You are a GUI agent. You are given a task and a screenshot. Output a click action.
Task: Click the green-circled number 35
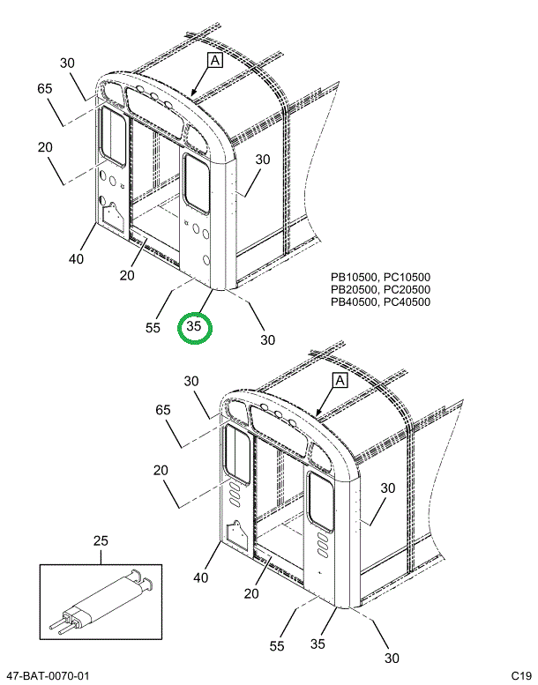tap(194, 326)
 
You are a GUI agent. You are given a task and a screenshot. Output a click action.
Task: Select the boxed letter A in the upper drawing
tap(215, 60)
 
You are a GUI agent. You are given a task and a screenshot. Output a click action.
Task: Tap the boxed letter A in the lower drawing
tap(340, 381)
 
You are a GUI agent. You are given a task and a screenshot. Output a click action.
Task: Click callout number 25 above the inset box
tap(101, 540)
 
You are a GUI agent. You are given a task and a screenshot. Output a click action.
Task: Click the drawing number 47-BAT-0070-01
tap(48, 676)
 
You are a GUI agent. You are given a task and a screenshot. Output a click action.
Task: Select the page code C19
tap(521, 676)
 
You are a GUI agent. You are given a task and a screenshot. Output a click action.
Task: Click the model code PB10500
tap(354, 277)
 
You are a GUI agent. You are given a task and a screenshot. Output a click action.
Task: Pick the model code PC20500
tap(407, 289)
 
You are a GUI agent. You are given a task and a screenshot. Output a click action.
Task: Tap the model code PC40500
tap(407, 302)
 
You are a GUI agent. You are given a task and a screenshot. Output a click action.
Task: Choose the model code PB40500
tap(354, 302)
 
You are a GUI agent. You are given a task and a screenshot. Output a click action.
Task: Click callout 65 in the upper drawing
tap(45, 89)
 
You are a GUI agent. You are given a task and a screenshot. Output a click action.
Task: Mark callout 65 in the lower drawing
tap(163, 410)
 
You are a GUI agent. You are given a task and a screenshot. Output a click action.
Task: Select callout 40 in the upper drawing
tap(76, 259)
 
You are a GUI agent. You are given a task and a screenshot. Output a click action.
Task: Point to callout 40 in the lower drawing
tap(201, 577)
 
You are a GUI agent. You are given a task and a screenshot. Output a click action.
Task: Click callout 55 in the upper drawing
tap(153, 328)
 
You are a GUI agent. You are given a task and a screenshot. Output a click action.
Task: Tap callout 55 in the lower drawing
tap(277, 645)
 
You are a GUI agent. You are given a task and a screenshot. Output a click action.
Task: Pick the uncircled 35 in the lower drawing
tap(318, 644)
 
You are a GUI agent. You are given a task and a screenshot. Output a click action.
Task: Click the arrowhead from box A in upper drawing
tap(193, 93)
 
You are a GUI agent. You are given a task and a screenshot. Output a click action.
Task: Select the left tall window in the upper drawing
tap(113, 137)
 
